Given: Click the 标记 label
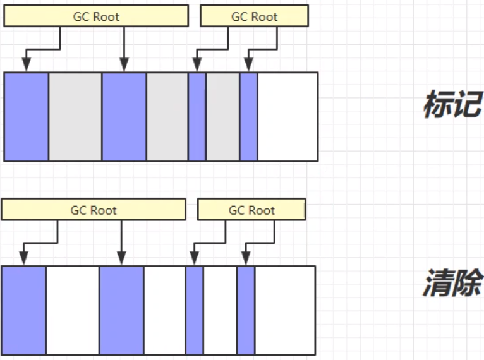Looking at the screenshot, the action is (x=453, y=104).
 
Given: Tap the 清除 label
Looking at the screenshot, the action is (x=452, y=283).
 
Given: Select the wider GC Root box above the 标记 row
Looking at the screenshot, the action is (x=96, y=16).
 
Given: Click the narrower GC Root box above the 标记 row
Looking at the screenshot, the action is (x=255, y=16).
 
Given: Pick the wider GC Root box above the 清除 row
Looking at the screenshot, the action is (x=94, y=210).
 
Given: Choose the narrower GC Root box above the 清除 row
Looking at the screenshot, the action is (x=251, y=210).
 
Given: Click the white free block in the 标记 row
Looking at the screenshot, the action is (x=288, y=117).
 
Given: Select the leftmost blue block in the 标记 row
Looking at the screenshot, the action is (x=27, y=117).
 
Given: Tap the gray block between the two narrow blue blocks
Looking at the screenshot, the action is (x=223, y=117).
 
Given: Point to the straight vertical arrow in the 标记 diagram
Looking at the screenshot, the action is (x=124, y=49).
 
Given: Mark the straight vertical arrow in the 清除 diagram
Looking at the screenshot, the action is (x=121, y=243).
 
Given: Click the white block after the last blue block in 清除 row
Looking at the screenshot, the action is (x=285, y=310).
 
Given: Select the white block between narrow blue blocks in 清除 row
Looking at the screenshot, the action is (x=220, y=310).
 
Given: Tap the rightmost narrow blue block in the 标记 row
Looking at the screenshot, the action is (x=248, y=117).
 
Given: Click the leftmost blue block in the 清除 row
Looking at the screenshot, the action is (x=24, y=310).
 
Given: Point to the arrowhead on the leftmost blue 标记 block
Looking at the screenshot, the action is (x=27, y=64).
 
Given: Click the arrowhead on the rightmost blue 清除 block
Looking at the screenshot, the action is (x=246, y=258).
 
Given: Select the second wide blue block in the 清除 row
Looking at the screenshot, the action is (x=121, y=310).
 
